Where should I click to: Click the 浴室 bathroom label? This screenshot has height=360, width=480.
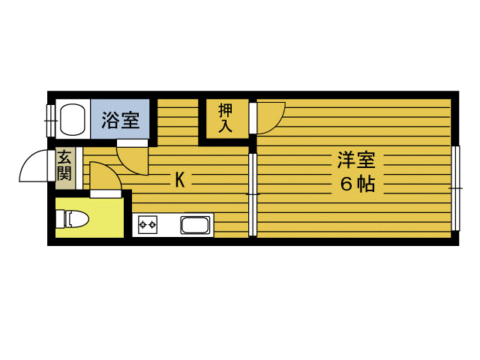coord(120,119)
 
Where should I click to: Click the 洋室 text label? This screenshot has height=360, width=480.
coord(355,160)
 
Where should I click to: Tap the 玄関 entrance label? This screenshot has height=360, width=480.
coord(64,166)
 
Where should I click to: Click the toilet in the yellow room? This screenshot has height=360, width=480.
coord(76,220)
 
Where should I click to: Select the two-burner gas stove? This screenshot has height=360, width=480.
coord(147,224)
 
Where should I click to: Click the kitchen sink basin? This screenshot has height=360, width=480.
coord(196,225)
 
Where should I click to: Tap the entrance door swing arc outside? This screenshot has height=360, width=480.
coord(33,167)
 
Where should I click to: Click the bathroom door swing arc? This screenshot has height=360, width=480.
coord(131,157)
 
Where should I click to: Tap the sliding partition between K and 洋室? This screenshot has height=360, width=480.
coord(253,195)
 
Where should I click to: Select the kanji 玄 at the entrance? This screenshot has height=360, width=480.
coord(64,158)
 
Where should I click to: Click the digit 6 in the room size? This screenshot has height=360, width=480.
coord(346,184)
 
